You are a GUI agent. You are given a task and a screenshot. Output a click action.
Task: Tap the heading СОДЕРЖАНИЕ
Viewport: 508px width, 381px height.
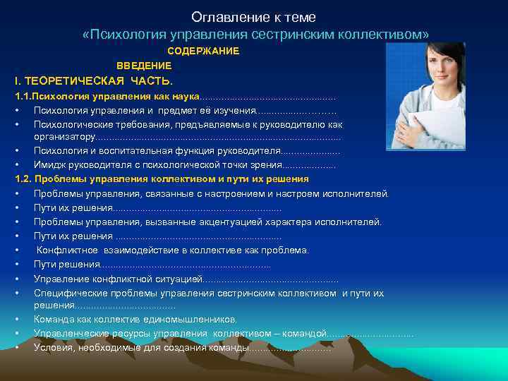click(203, 52)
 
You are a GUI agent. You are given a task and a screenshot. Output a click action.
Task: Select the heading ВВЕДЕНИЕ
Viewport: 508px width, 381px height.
click(144, 66)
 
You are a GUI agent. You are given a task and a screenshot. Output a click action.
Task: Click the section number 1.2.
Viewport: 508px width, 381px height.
click(24, 179)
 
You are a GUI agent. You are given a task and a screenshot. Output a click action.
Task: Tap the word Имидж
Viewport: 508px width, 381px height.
click(49, 165)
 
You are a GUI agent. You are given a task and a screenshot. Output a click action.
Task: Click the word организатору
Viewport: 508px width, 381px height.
click(64, 137)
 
